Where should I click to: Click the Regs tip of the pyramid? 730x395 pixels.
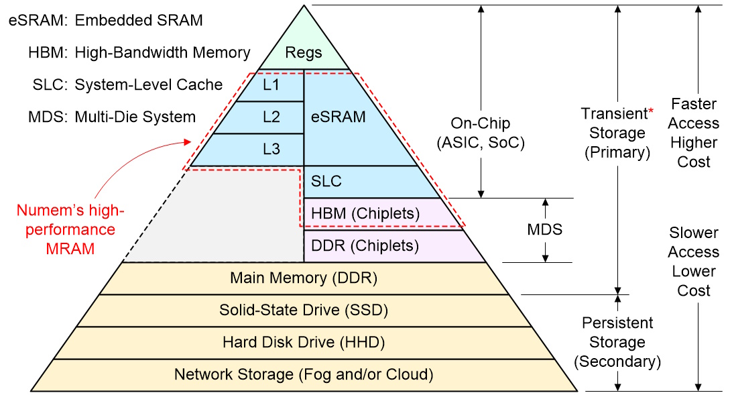304,52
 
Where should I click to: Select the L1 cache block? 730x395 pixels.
271,86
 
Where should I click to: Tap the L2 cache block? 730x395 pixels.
271,117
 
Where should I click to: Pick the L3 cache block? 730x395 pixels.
271,150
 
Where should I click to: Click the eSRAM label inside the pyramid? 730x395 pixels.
339,117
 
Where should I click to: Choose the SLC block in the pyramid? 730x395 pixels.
326,181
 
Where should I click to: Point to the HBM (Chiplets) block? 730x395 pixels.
365,214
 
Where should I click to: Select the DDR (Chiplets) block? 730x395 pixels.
365,245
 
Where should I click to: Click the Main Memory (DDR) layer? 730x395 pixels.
304,278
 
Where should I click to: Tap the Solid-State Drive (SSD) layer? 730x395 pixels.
304,310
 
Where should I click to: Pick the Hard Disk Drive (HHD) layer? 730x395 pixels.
304,342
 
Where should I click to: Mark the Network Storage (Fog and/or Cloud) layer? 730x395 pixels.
304,374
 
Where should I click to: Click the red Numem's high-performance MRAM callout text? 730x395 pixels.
70,230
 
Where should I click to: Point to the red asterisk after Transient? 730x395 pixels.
650,111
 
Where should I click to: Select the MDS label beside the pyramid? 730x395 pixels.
545,229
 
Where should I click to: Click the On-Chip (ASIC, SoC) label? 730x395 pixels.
481,133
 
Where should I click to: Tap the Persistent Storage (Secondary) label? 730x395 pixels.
617,342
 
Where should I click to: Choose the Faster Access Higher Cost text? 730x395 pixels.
694,133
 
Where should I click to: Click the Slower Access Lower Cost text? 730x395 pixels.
694,262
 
